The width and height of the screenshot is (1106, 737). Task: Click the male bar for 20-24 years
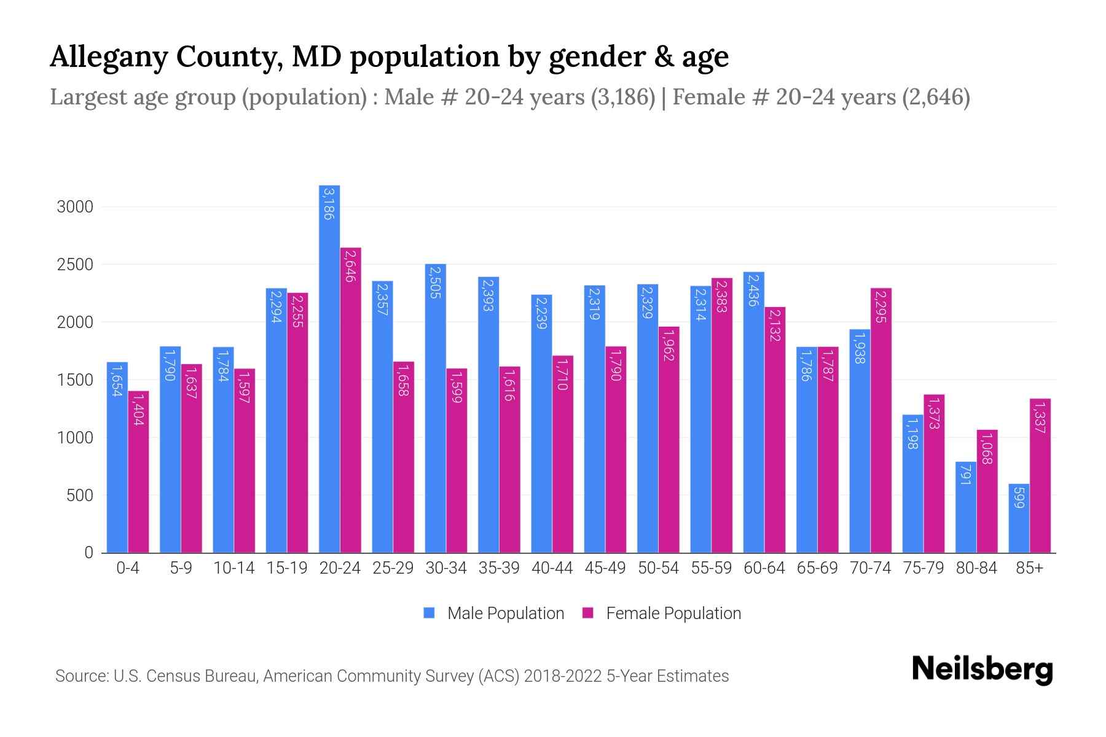(x=329, y=368)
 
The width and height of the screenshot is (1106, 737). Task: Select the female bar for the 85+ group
(x=1040, y=476)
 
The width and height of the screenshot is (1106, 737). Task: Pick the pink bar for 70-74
(x=880, y=421)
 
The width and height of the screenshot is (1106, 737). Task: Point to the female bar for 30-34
(x=457, y=461)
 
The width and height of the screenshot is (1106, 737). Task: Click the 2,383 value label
(x=721, y=296)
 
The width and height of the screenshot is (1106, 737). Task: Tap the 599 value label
(x=1019, y=497)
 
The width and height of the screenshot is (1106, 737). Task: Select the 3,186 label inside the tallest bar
(x=329, y=204)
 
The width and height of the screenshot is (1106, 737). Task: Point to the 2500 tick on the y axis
(x=75, y=265)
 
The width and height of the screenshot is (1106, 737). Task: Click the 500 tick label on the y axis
(x=80, y=496)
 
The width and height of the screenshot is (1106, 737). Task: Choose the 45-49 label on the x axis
(x=605, y=569)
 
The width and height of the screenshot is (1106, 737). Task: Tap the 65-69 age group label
(x=817, y=569)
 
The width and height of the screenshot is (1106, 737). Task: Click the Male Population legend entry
(x=505, y=614)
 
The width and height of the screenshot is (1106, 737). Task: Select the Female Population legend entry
(x=673, y=614)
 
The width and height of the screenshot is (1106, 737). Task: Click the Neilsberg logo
(x=982, y=669)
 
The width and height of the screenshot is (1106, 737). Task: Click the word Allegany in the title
(x=104, y=57)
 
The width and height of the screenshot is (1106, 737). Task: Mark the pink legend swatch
(x=588, y=613)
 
